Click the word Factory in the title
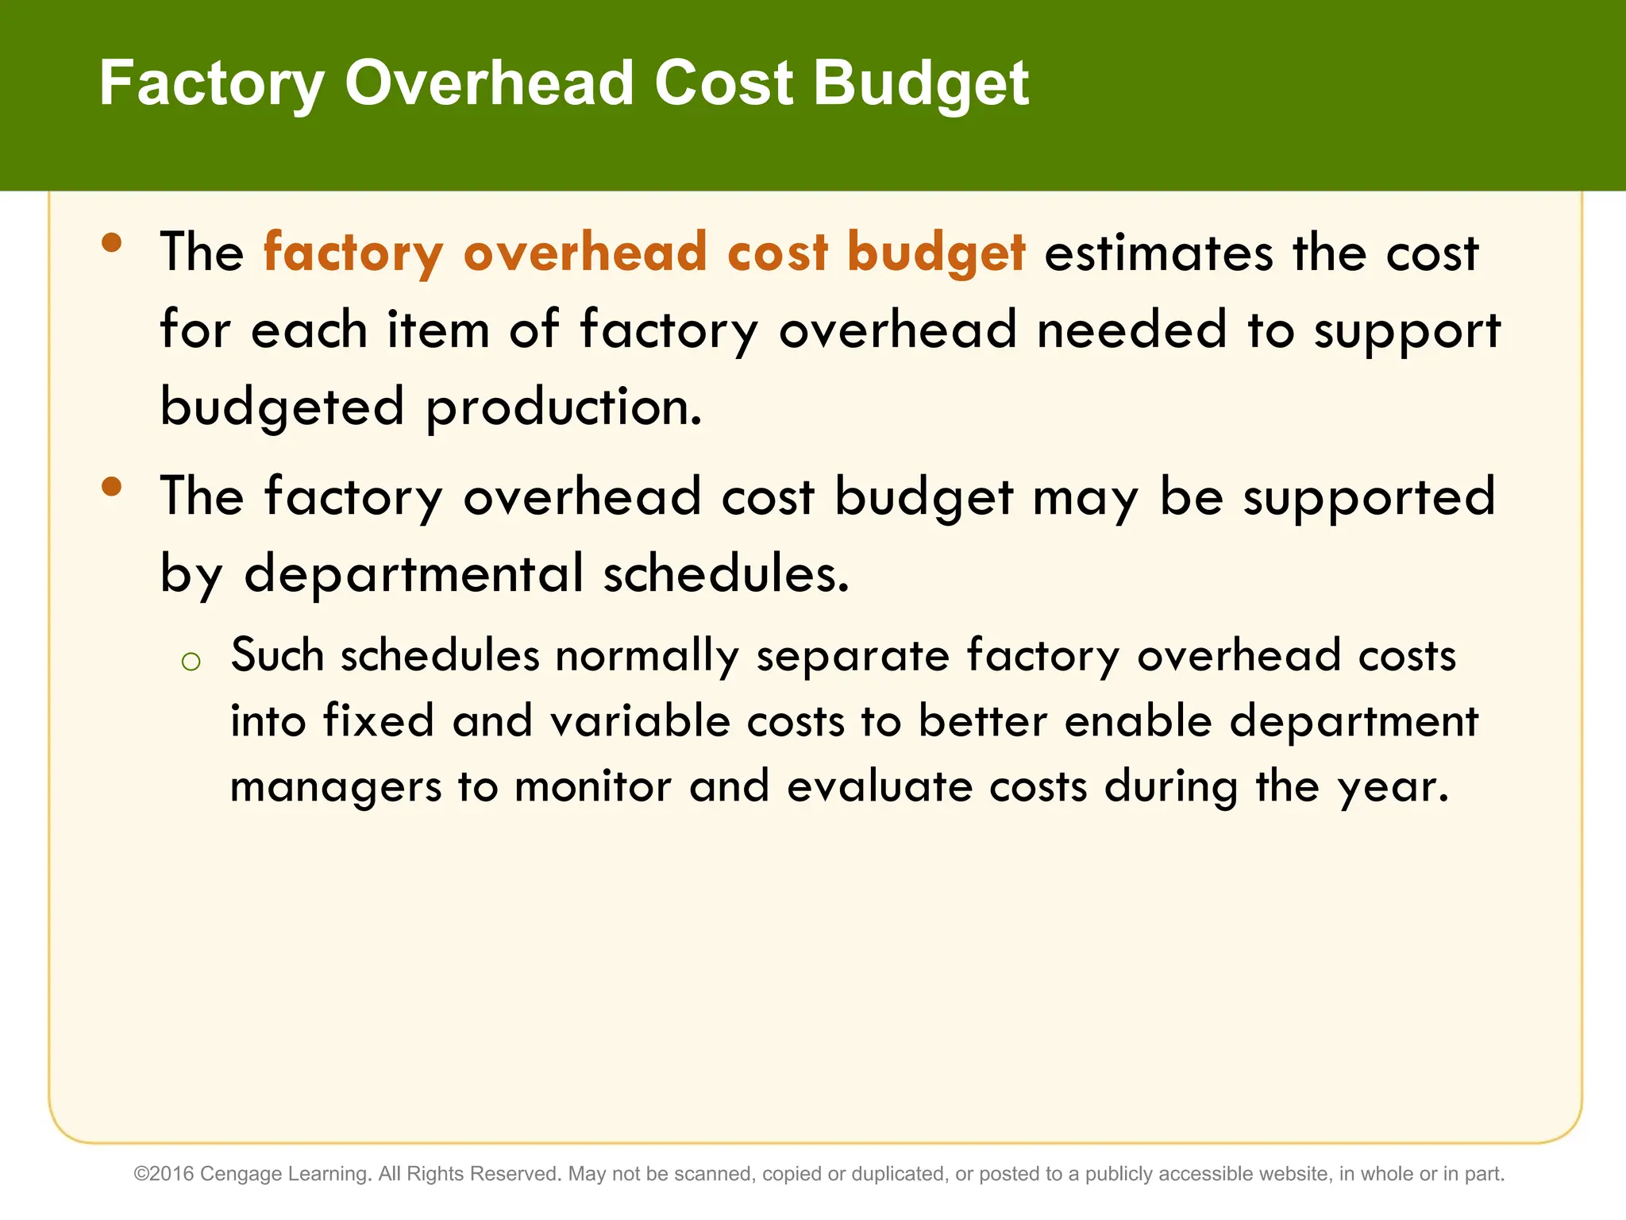pyautogui.click(x=211, y=83)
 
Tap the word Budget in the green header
pyautogui.click(x=921, y=83)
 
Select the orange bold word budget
pyautogui.click(x=936, y=253)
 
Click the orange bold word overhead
pyautogui.click(x=585, y=252)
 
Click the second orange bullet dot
pyautogui.click(x=112, y=486)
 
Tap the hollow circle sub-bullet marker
pyautogui.click(x=191, y=661)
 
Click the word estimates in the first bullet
pyautogui.click(x=1158, y=253)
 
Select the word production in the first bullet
pyautogui.click(x=564, y=407)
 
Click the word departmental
pyautogui.click(x=414, y=573)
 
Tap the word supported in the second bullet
pyautogui.click(x=1369, y=497)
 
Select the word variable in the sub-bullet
pyautogui.click(x=640, y=721)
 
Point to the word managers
pyautogui.click(x=335, y=787)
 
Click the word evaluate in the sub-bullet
pyautogui.click(x=880, y=786)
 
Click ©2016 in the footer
pyautogui.click(x=164, y=1174)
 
